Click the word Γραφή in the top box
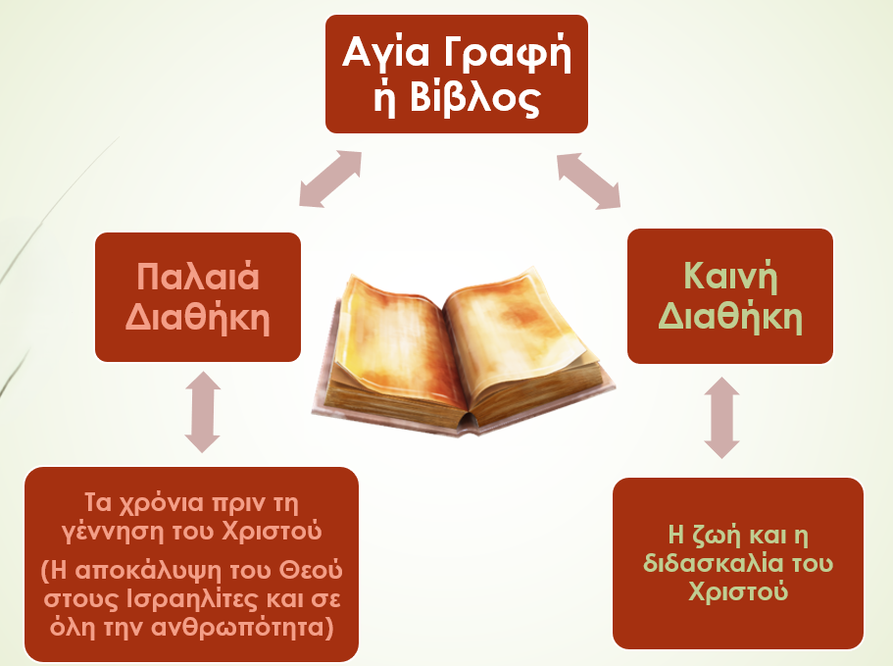tap(507, 55)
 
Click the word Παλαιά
tap(198, 277)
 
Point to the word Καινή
tap(730, 277)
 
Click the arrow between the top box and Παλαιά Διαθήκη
tap(330, 179)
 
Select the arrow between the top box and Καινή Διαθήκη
tap(588, 180)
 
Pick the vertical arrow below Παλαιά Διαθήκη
tap(202, 412)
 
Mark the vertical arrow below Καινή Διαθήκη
tap(721, 418)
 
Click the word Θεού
tap(311, 570)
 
